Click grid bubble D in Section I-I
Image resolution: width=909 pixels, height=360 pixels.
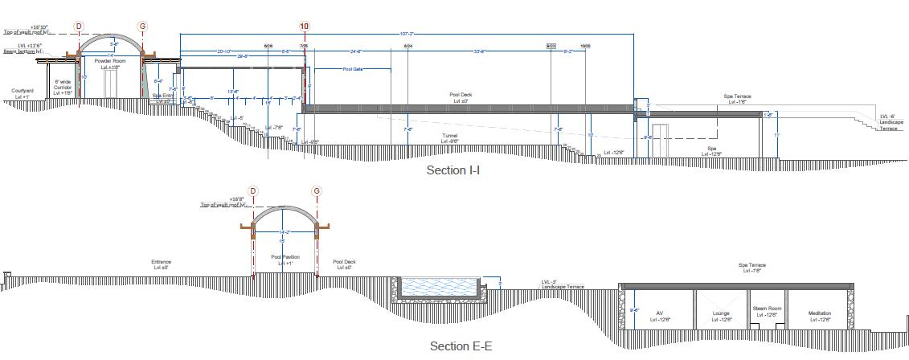79,27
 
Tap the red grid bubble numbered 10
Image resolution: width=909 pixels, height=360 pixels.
304,27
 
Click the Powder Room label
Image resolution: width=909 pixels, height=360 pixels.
110,61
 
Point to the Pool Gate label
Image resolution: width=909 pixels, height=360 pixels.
354,70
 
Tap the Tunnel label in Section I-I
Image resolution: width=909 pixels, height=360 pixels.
450,136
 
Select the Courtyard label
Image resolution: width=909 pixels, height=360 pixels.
23,92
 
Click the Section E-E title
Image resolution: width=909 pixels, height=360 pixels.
461,346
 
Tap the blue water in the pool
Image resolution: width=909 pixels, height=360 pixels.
438,287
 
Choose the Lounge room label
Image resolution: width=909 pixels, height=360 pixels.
720,313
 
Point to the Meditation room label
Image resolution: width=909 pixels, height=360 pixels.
820,313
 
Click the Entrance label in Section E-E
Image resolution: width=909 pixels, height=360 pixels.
162,262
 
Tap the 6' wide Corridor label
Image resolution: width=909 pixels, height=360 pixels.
63,85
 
